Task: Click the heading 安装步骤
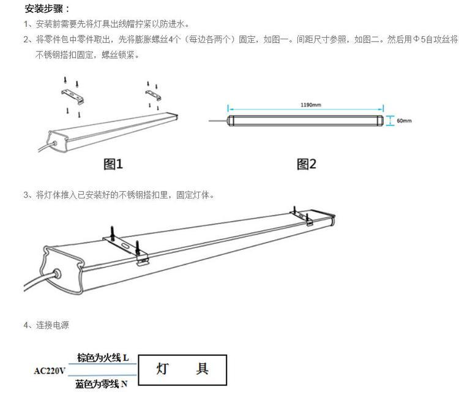[47, 9]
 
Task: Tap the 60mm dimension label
[404, 121]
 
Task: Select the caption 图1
[113, 164]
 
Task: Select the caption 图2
[306, 164]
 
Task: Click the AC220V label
[50, 371]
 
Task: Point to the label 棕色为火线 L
[102, 357]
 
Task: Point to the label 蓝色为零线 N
[102, 384]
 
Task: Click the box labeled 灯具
[183, 369]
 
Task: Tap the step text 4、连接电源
[46, 325]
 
